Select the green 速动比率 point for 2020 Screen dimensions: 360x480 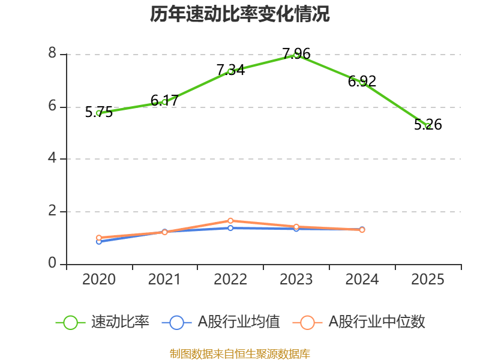[x=99, y=113]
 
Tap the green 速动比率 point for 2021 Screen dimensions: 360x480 [x=164, y=102]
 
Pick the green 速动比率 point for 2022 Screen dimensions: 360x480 [x=230, y=71]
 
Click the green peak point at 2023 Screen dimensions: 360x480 [x=296, y=55]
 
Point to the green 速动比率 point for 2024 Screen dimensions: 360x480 [x=362, y=82]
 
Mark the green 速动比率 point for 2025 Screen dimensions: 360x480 [x=428, y=126]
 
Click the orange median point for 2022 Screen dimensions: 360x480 [x=230, y=221]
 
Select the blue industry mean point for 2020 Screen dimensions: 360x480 [x=99, y=241]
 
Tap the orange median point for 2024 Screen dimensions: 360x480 [x=362, y=230]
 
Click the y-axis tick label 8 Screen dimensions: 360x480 [x=52, y=54]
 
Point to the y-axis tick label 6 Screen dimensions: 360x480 [x=52, y=107]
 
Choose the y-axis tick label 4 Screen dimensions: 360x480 [x=52, y=159]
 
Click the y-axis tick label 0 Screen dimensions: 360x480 [x=52, y=264]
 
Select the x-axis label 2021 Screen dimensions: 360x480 [x=164, y=280]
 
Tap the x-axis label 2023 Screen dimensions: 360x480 [x=296, y=280]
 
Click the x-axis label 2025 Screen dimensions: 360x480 [x=428, y=280]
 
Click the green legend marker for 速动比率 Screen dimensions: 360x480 [x=70, y=322]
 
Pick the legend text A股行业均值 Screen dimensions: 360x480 [x=239, y=322]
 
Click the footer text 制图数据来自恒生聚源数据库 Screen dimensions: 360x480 [x=240, y=353]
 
